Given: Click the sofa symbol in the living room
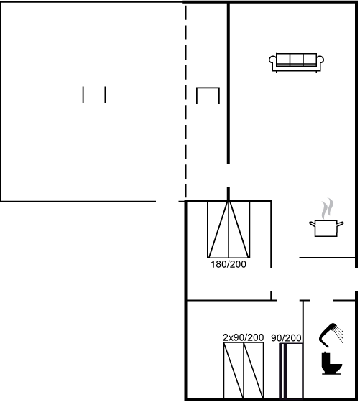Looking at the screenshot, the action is [296, 62].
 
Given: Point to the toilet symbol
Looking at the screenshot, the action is [331, 363].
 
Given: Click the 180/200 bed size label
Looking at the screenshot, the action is [229, 264].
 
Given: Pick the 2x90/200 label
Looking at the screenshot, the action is [244, 337].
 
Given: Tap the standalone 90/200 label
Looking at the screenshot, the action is [286, 338].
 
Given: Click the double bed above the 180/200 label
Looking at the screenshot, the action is [229, 230].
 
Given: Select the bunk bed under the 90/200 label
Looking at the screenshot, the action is [290, 371].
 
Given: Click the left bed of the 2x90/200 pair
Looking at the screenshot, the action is [234, 370].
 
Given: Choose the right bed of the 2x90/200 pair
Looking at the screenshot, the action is [254, 370].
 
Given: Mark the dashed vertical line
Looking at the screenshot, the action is [186, 101].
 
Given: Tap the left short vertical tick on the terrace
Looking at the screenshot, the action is [83, 95].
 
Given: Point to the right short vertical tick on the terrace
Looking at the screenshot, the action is [105, 95].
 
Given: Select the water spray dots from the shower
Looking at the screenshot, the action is [339, 335].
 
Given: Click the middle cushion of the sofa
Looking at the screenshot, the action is [296, 60].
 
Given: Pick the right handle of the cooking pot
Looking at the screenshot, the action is [340, 224].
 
